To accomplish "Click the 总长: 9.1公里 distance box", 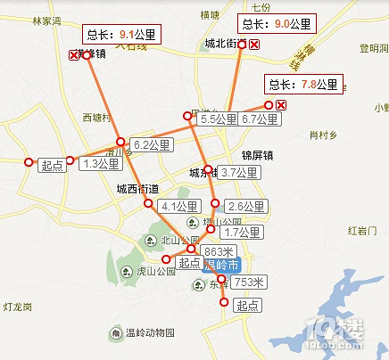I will (116, 37).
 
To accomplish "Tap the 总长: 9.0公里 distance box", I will (276, 23).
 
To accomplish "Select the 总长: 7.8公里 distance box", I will (304, 85).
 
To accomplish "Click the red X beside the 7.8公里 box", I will (281, 106).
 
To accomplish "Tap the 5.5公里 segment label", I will (218, 119).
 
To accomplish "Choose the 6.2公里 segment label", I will (152, 143).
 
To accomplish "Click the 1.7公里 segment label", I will (241, 233).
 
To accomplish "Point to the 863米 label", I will (218, 250).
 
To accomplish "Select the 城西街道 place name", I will (138, 189).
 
